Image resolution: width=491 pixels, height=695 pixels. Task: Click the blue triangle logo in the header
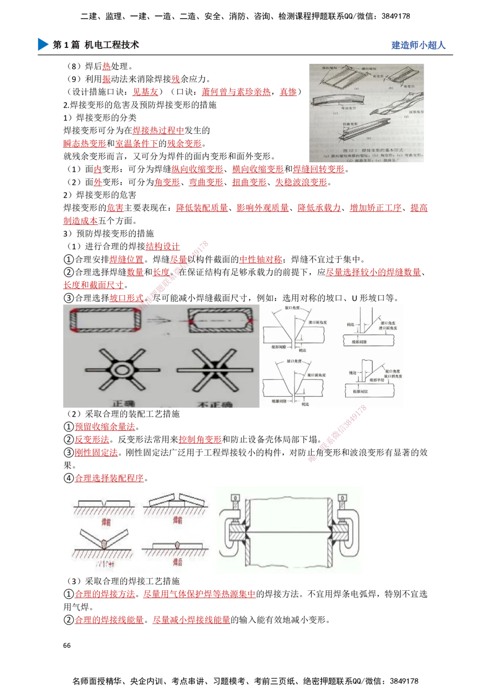tap(43, 44)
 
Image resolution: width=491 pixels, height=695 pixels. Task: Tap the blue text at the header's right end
tap(418, 45)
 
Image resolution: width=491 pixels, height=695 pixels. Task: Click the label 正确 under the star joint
tap(124, 404)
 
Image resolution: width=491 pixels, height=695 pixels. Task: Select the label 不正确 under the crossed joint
tap(215, 404)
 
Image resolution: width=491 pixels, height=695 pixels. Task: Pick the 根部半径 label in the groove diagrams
tap(378, 379)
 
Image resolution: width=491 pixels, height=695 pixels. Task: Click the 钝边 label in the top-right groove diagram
tap(351, 325)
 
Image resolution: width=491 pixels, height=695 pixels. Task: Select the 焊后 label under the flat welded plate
tap(177, 561)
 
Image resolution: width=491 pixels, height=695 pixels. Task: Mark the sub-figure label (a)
tap(355, 89)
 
